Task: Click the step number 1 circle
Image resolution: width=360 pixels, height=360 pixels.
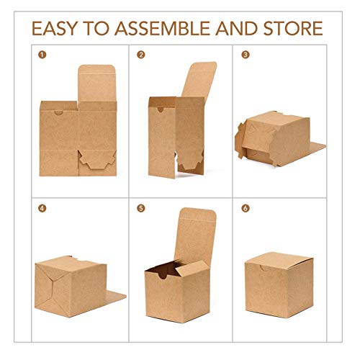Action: (x=41, y=55)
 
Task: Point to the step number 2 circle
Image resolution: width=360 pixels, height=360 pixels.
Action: (x=141, y=55)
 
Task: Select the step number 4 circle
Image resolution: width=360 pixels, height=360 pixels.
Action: (x=41, y=209)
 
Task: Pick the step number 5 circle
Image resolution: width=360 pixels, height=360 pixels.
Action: (x=141, y=209)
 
